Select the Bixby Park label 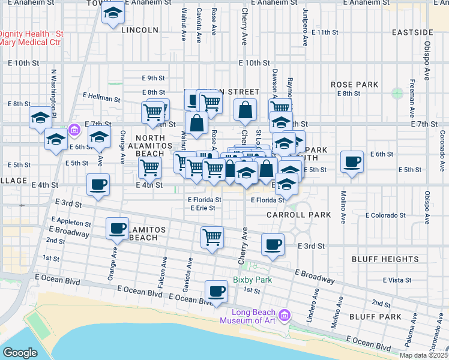click(252, 280)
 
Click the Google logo click(20, 353)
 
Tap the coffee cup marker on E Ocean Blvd click(216, 292)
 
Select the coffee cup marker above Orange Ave click(118, 228)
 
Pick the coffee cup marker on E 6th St click(352, 161)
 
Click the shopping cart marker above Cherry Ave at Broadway click(212, 236)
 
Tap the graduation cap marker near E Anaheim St click(112, 13)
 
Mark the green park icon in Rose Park click(397, 93)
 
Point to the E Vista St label click(400, 280)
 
